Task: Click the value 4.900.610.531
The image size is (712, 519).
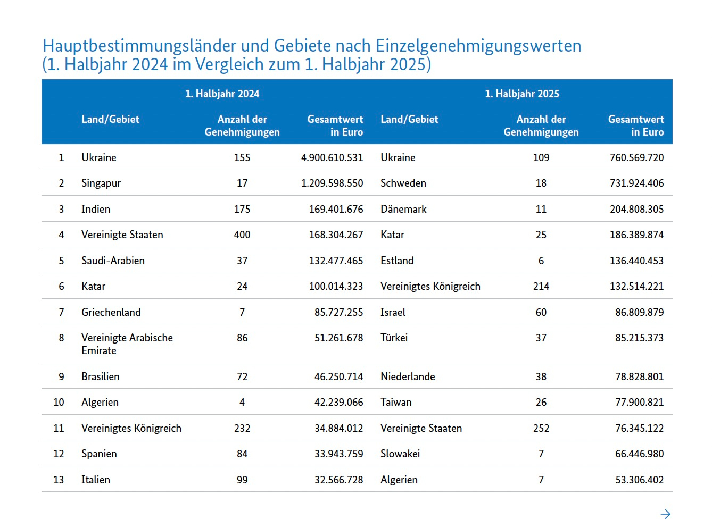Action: pyautogui.click(x=332, y=157)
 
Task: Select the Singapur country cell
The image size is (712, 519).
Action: pyautogui.click(x=101, y=183)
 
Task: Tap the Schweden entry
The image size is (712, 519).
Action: pyautogui.click(x=403, y=183)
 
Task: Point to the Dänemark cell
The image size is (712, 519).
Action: pyautogui.click(x=403, y=209)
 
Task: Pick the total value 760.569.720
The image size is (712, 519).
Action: pyautogui.click(x=636, y=157)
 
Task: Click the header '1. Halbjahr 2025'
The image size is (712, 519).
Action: pyautogui.click(x=521, y=94)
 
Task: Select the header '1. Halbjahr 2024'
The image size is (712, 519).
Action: pyautogui.click(x=222, y=94)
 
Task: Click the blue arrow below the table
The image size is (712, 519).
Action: pyautogui.click(x=665, y=514)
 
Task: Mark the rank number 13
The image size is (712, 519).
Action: pyautogui.click(x=59, y=480)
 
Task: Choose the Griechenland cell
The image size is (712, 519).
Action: pyautogui.click(x=111, y=312)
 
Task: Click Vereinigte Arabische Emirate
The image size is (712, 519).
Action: pyautogui.click(x=127, y=344)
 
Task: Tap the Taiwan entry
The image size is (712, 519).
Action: pyautogui.click(x=396, y=402)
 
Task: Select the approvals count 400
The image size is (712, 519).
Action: pyautogui.click(x=242, y=235)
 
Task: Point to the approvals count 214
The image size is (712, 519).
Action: pyautogui.click(x=541, y=286)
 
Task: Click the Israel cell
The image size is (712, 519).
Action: pyautogui.click(x=393, y=312)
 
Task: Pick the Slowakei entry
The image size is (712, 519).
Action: pyautogui.click(x=400, y=454)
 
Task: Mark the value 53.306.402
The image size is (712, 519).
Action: pyautogui.click(x=639, y=480)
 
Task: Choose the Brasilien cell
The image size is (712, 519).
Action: pyautogui.click(x=101, y=376)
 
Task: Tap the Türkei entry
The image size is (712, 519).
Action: pyautogui.click(x=394, y=338)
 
